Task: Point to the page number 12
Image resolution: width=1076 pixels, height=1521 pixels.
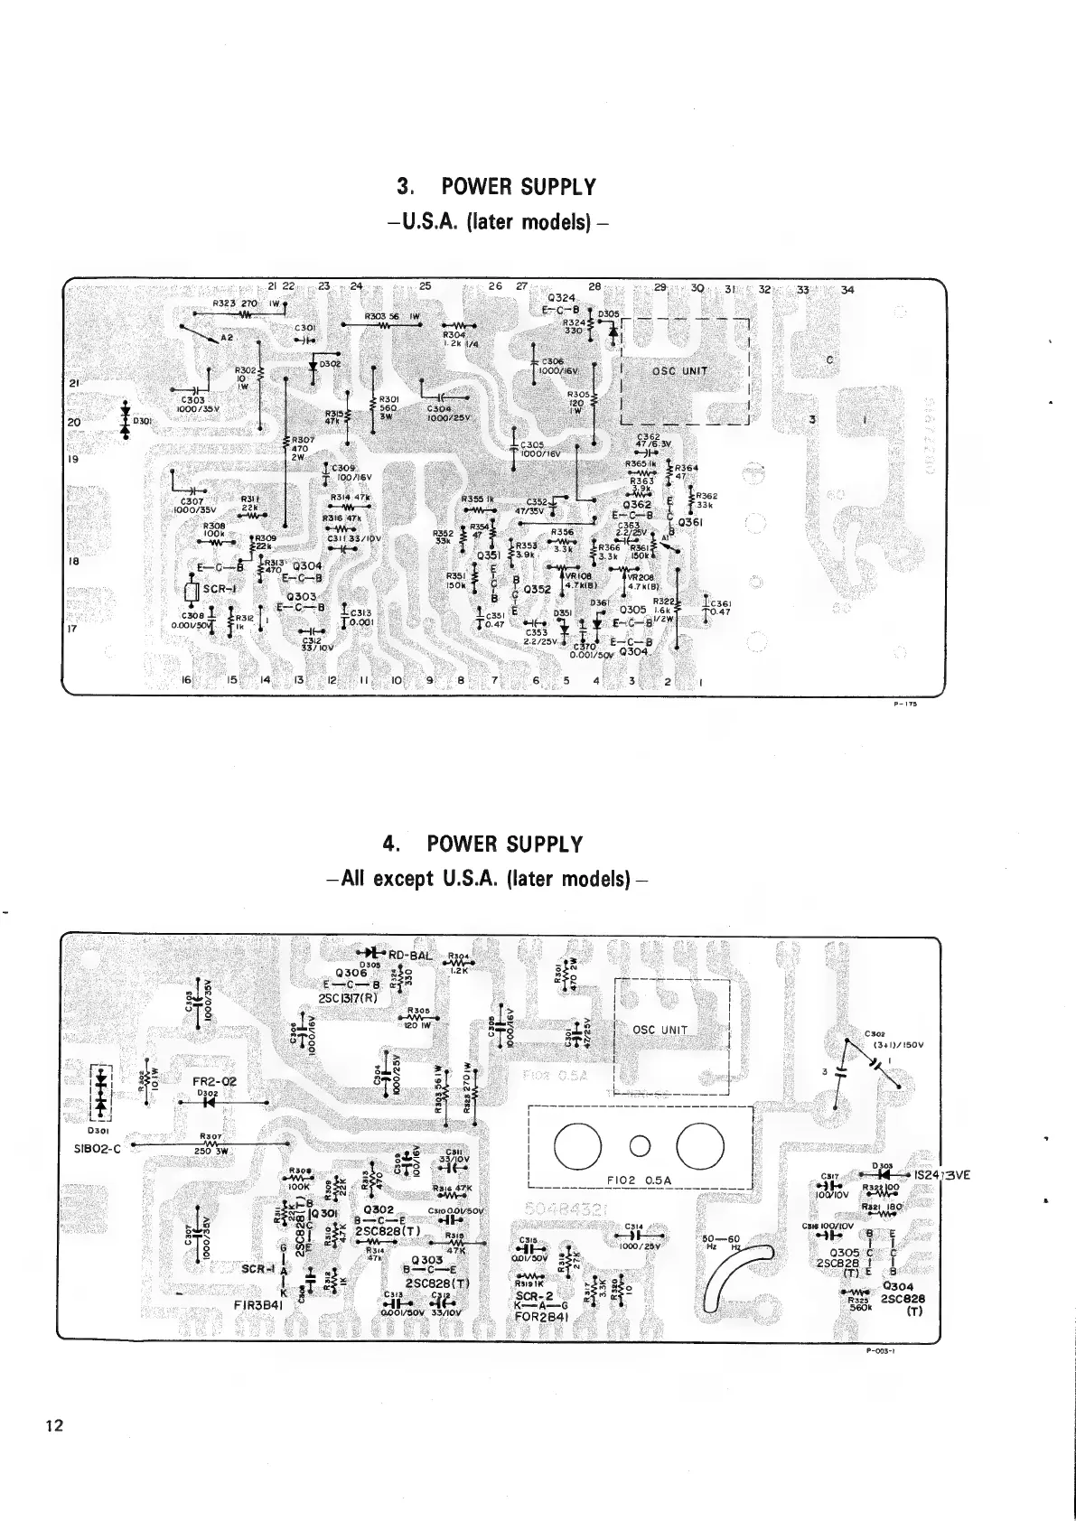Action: coord(54,1426)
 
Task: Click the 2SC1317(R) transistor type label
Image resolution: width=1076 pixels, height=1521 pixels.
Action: coord(353,999)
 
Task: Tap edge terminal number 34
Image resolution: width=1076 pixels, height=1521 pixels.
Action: coord(847,290)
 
